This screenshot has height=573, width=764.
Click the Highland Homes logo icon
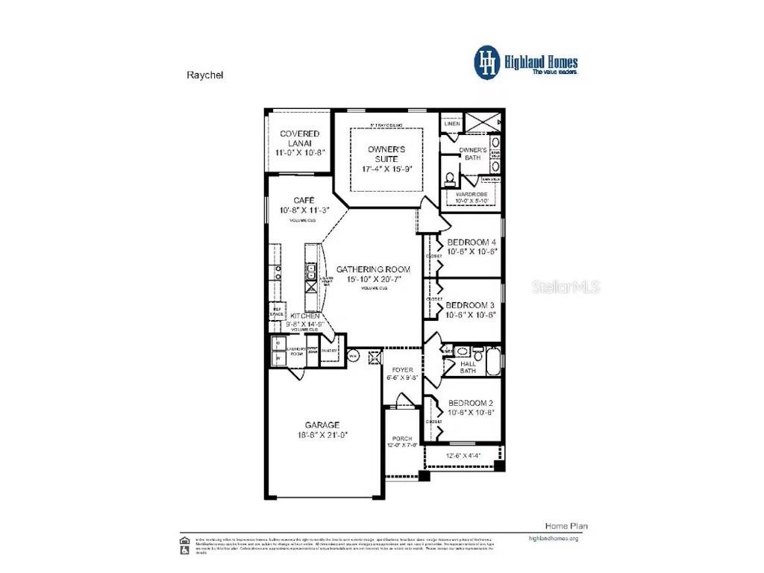click(487, 62)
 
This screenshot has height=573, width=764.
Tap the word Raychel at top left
click(204, 75)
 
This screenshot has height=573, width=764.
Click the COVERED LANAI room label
click(300, 138)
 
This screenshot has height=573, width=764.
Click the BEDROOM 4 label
click(471, 242)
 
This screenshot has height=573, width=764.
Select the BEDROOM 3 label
click(471, 305)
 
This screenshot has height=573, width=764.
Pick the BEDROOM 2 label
click(471, 402)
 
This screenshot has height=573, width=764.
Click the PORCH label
click(403, 439)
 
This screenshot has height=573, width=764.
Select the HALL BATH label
click(468, 367)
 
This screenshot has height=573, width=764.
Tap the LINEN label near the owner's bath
click(451, 123)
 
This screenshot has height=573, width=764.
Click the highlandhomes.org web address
click(553, 538)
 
